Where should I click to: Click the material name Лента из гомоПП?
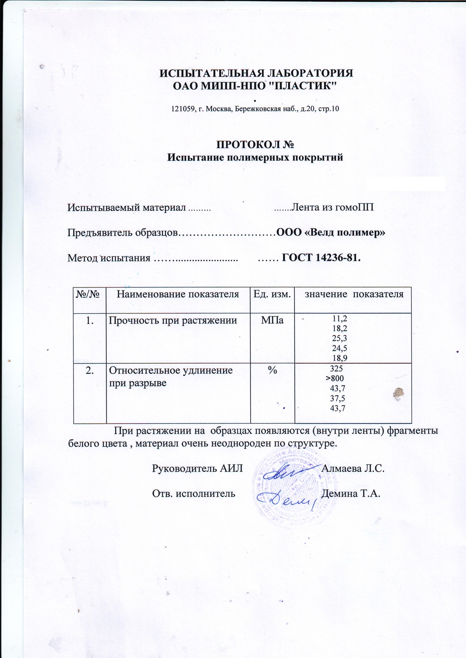click(332, 207)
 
